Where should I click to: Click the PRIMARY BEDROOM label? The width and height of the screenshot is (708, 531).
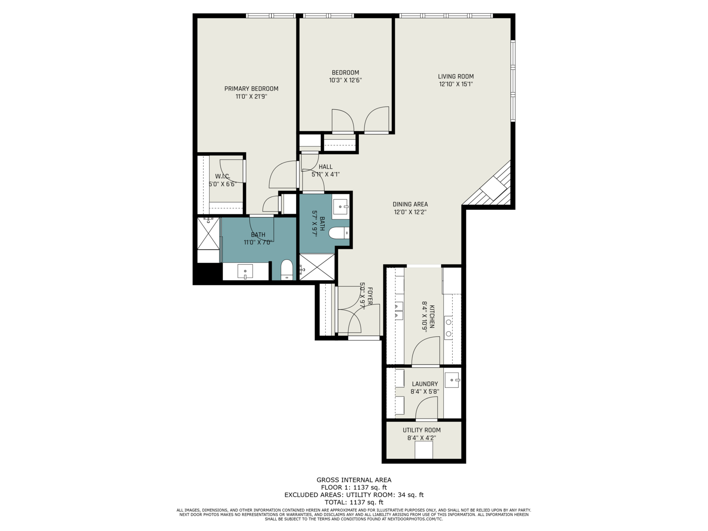click(x=251, y=88)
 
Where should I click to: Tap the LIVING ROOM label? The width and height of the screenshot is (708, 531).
click(x=456, y=77)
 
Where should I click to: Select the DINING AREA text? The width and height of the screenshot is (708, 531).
click(x=410, y=204)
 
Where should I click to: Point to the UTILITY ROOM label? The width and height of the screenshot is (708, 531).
click(x=422, y=430)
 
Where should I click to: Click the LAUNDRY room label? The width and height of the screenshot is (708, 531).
click(x=425, y=384)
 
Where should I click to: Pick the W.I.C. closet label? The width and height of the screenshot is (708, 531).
click(x=223, y=177)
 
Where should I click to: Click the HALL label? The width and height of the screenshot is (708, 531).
click(x=325, y=167)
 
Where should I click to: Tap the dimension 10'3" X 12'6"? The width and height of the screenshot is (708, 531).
click(x=346, y=80)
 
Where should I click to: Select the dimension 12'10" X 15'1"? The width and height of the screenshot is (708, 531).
click(x=456, y=84)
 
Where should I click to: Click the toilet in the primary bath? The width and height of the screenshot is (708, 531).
click(x=286, y=270)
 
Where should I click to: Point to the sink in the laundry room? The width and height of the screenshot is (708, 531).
click(x=452, y=380)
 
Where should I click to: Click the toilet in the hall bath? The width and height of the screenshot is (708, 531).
click(x=339, y=233)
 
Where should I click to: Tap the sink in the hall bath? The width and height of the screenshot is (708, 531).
click(x=341, y=207)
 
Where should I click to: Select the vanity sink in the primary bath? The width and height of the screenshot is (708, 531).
click(x=245, y=271)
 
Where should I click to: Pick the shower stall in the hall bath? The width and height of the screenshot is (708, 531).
click(x=317, y=267)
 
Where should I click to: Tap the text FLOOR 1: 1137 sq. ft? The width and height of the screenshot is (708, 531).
click(x=354, y=488)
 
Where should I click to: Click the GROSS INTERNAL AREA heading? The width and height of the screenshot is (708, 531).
click(x=354, y=480)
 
